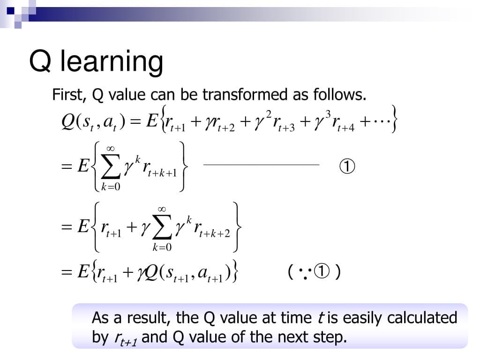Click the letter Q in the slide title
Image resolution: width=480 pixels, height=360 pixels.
pyautogui.click(x=40, y=61)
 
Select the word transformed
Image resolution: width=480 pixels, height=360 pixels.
pyautogui.click(x=245, y=94)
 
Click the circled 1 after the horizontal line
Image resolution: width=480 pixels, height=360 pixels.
pyautogui.click(x=347, y=166)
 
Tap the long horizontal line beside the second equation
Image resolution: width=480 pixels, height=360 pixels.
pyautogui.click(x=262, y=165)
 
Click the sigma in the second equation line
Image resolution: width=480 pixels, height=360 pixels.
pyautogui.click(x=111, y=167)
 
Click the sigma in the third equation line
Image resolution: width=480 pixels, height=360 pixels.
pyautogui.click(x=162, y=227)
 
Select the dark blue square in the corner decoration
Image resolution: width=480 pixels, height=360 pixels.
pyautogui.click(x=10, y=11)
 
